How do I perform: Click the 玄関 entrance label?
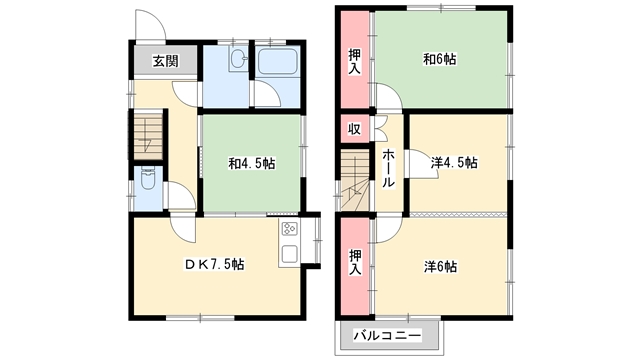[x=166, y=61]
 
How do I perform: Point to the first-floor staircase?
[x=148, y=133]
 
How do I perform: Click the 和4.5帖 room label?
[x=250, y=163]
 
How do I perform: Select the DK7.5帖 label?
[x=212, y=264]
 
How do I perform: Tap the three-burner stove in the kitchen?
[x=289, y=230]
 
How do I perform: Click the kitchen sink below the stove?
[x=289, y=254]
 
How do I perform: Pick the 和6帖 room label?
[x=439, y=60]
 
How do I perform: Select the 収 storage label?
[x=354, y=129]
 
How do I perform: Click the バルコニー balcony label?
[x=389, y=335]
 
